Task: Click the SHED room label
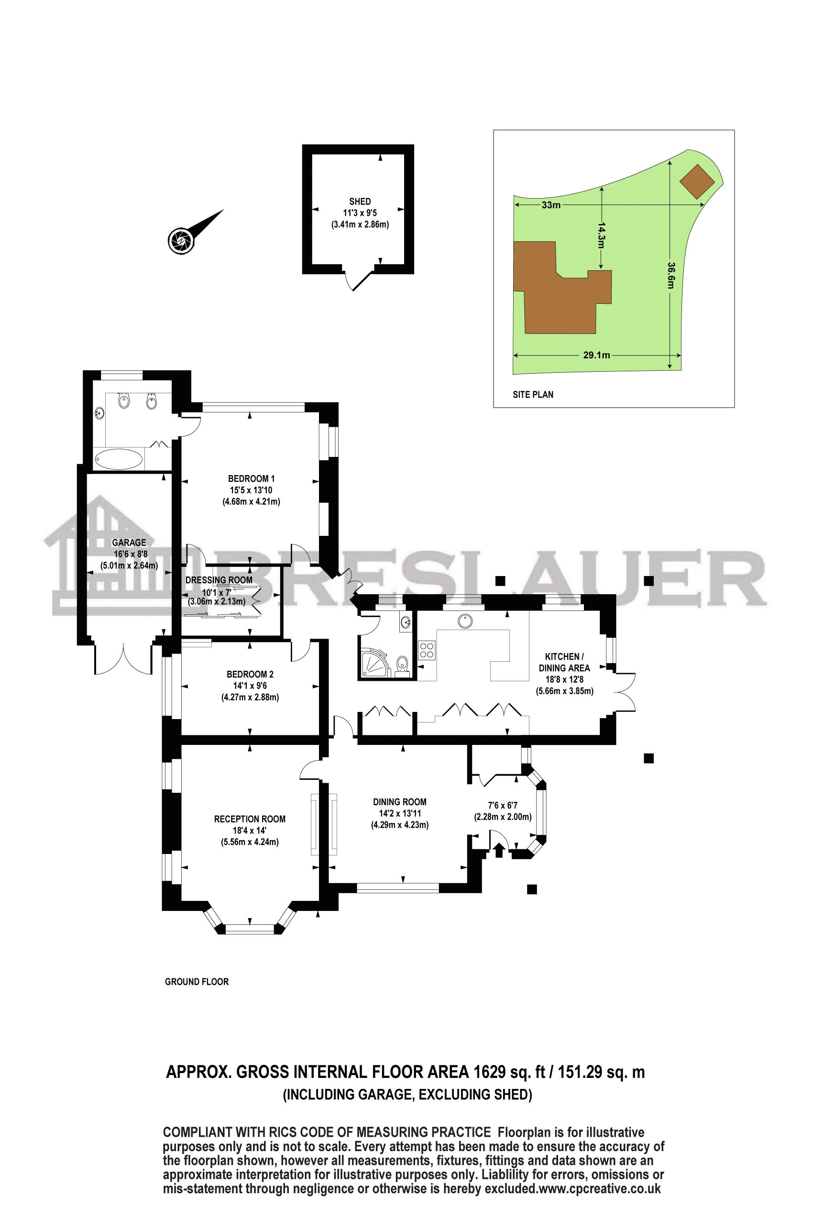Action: tap(360, 201)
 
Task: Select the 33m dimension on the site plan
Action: tap(551, 205)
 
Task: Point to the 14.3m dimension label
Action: tap(602, 235)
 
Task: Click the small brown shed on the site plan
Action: tap(697, 181)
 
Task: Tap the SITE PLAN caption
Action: tap(532, 395)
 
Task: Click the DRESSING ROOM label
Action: tap(219, 580)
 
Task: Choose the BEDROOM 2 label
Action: tap(250, 674)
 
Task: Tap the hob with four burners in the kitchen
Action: tap(427, 651)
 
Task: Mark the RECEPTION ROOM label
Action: tap(250, 819)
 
